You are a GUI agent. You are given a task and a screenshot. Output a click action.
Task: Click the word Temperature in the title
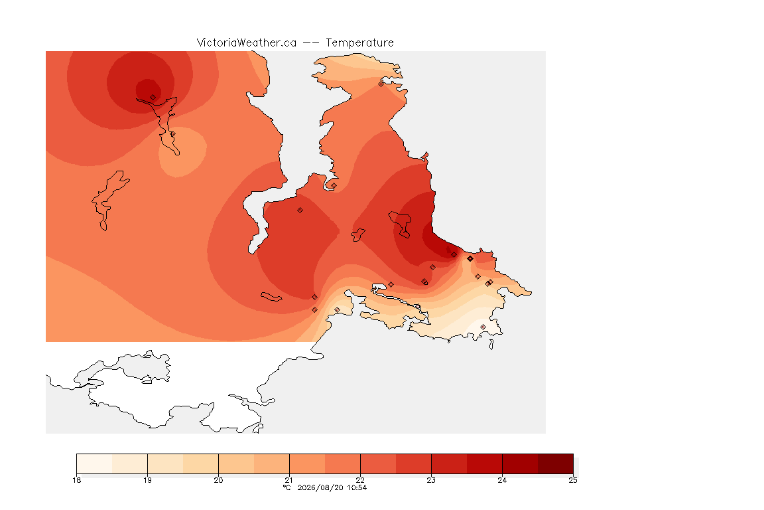click(359, 43)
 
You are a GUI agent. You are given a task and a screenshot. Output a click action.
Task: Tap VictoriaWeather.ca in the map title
click(247, 43)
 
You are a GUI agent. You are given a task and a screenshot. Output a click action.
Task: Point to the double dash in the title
click(311, 43)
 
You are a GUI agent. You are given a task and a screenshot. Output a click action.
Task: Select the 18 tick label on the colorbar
click(76, 480)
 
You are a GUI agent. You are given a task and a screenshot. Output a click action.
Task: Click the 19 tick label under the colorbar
click(147, 480)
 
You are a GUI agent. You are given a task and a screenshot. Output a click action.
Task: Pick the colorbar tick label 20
click(218, 480)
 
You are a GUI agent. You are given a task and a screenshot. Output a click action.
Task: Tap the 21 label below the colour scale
click(289, 480)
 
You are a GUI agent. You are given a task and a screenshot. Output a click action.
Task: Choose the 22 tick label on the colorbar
click(360, 480)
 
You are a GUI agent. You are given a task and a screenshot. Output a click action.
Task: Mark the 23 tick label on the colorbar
click(431, 480)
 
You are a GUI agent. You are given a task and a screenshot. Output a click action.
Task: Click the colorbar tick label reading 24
click(502, 480)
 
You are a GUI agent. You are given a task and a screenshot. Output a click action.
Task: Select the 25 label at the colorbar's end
click(573, 480)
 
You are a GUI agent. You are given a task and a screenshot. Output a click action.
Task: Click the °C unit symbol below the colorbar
click(287, 487)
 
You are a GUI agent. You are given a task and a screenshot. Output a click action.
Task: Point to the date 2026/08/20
click(320, 487)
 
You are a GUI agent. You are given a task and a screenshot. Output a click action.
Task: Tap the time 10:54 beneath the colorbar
click(357, 487)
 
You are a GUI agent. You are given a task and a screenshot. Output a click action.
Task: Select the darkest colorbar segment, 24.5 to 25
click(556, 464)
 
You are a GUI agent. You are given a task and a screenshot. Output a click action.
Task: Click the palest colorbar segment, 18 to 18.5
click(95, 464)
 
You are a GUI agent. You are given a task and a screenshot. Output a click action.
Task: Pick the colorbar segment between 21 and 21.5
click(307, 464)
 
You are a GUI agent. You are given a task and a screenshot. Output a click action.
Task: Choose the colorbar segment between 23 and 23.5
click(449, 464)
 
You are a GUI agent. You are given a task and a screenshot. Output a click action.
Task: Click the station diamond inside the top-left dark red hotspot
click(153, 98)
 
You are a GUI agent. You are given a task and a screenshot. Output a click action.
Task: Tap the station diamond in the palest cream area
click(483, 327)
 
